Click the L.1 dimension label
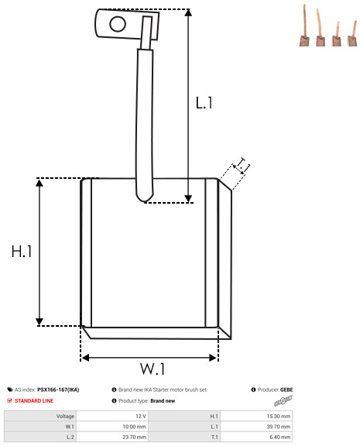tap(204, 103)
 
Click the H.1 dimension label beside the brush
tap(22, 252)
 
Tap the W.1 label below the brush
tap(153, 369)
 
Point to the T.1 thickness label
tap(242, 165)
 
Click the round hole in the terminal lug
tap(118, 24)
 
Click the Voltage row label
tap(65, 416)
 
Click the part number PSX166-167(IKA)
tap(58, 389)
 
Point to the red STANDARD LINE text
tap(34, 401)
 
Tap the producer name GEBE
tap(286, 389)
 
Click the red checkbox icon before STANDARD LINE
tap(9, 400)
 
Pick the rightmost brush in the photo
tap(352, 33)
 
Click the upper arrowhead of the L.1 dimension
tap(188, 12)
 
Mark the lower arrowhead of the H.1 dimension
tap(39, 321)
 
